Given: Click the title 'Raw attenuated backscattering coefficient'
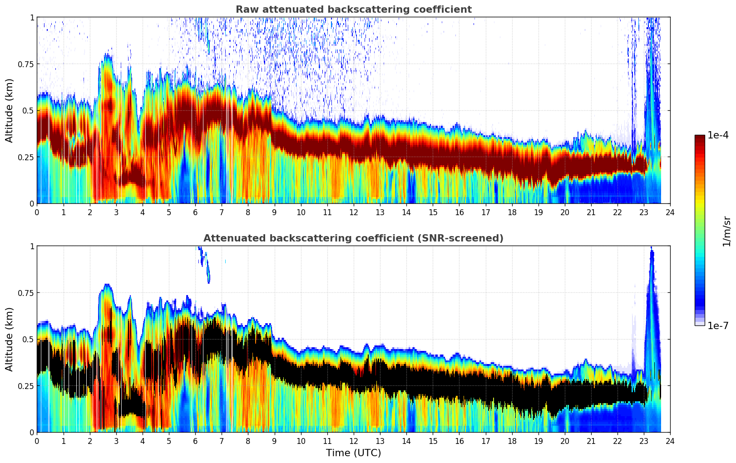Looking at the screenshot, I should [353, 10].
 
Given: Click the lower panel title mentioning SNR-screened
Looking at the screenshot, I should [353, 238].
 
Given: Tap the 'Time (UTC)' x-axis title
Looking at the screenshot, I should [353, 453].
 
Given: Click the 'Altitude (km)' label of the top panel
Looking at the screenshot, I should [10, 110].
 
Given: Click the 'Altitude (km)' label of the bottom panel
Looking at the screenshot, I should [10, 339].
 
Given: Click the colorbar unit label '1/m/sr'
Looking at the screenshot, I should [726, 231].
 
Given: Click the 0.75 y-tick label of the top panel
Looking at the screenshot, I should [25, 64].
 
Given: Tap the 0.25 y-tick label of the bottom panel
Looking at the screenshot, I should [25, 386].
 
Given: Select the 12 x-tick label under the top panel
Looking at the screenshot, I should [354, 212].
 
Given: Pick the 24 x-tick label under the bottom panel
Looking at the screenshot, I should [670, 441].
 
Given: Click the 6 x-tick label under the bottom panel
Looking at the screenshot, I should [195, 441].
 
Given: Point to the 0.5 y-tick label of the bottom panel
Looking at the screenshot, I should [28, 339].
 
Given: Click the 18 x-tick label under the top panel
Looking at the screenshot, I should [512, 212].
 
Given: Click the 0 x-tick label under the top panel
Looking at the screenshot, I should [37, 212].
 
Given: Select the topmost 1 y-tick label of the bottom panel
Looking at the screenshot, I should [32, 246].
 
